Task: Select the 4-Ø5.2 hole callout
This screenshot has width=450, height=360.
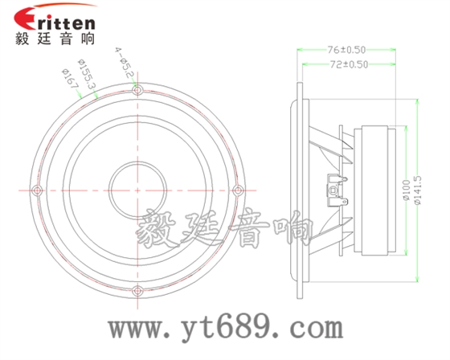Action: pos(125,61)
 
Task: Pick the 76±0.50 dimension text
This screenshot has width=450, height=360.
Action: pos(348,50)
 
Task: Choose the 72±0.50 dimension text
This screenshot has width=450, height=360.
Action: pos(348,63)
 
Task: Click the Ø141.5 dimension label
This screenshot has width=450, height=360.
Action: pos(416,190)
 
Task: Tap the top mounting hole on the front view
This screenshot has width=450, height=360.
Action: pos(137,89)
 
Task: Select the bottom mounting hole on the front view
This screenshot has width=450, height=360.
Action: pos(137,290)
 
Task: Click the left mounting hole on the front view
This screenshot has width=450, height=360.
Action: pos(37,190)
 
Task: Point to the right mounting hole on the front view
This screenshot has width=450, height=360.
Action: pos(237,190)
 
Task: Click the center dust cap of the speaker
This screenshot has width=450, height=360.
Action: pos(137,190)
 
